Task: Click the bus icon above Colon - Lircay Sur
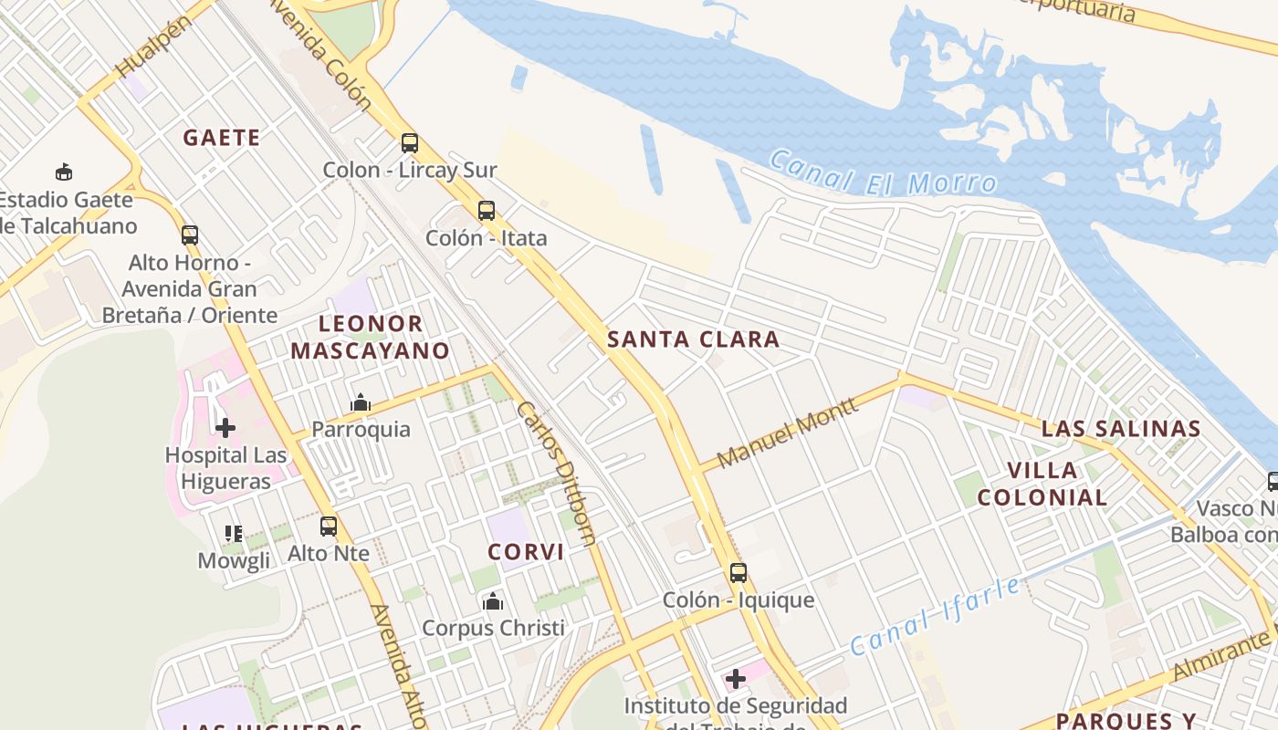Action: coord(410,143)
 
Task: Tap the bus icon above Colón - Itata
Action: coord(487,212)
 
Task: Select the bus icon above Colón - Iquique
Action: coord(739,573)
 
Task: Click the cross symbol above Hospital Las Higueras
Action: coord(225,427)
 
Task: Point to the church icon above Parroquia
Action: coord(361,402)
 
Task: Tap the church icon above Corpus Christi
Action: coord(493,601)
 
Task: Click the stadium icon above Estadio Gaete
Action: coord(64,172)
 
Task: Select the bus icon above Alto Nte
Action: coord(329,527)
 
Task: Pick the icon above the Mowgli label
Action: coord(234,534)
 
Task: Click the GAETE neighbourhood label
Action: coord(222,138)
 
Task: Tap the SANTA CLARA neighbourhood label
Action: coord(694,339)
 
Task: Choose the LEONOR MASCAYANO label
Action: coord(370,337)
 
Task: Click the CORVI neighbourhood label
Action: coord(526,552)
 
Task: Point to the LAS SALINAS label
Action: coord(1121,429)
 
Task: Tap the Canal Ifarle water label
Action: coord(936,617)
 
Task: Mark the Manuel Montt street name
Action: coord(787,433)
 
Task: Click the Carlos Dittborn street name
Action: coord(557,473)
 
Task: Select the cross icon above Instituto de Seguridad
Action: coord(736,679)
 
